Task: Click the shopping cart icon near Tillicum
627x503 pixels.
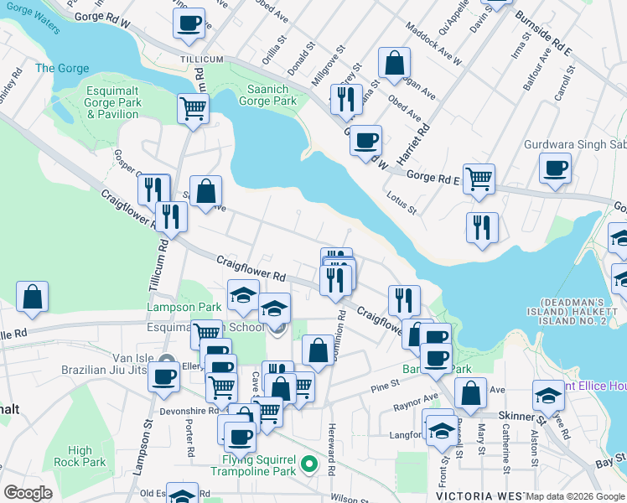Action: (x=193, y=108)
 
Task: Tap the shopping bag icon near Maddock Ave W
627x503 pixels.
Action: (x=394, y=62)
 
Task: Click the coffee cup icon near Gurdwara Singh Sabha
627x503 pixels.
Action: (x=555, y=169)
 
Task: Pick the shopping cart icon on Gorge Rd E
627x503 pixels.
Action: (x=479, y=178)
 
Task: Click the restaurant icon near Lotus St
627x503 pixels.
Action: (x=482, y=227)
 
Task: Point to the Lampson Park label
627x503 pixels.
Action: (x=172, y=308)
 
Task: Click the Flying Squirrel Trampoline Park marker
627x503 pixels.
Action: (x=309, y=462)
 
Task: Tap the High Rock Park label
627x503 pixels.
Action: (x=80, y=456)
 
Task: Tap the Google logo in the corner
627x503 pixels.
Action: (x=28, y=493)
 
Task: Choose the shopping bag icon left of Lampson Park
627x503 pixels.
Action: (x=32, y=297)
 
